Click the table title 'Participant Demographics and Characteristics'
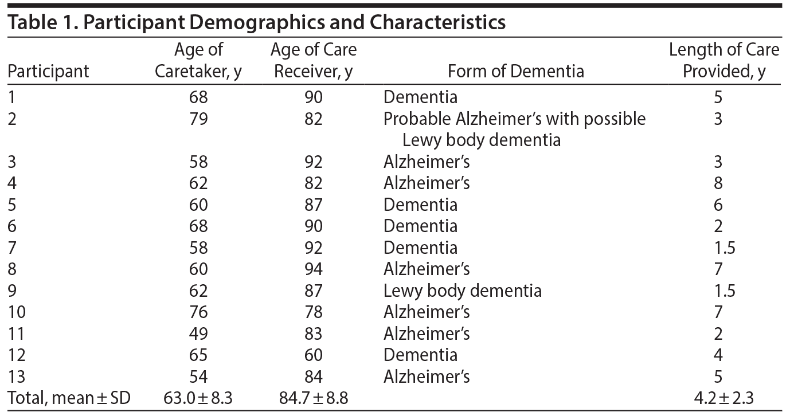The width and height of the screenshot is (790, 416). pos(257,22)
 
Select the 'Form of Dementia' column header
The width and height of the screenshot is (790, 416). pos(515,71)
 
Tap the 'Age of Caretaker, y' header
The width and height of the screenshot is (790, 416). pos(198,61)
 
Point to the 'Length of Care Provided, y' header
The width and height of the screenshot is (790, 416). pos(723,61)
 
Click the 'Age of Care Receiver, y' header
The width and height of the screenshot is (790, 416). pos(313,61)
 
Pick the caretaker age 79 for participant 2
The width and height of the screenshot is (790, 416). pos(198,119)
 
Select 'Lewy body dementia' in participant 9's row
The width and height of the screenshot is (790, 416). pos(462,291)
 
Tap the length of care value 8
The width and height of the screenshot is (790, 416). pos(718,183)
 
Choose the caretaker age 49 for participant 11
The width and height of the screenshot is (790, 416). pos(198,333)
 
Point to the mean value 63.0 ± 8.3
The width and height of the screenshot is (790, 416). pos(198,398)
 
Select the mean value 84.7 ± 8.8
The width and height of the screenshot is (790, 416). pos(313,398)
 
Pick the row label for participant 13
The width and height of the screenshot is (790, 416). pos(17,376)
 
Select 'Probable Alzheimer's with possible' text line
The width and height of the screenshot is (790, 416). pos(514,119)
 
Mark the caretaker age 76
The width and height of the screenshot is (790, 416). pos(198,312)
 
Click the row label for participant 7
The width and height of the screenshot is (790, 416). pos(12,248)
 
